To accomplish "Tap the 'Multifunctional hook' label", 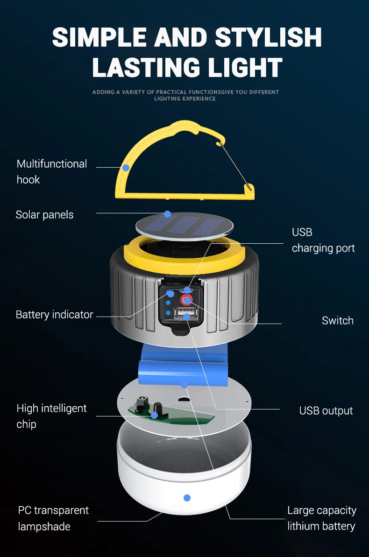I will click(51, 171).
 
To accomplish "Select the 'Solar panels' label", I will click(44, 215).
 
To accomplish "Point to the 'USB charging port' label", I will click(323, 240).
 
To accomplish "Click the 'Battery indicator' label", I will click(54, 315).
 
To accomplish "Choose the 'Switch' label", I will click(337, 321).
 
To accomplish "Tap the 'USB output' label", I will click(326, 411).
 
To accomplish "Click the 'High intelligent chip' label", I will click(51, 416).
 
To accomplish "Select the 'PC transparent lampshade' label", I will click(53, 518).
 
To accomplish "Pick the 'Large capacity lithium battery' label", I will click(321, 518).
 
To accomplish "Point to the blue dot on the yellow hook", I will click(125, 167).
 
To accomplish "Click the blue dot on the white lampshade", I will click(187, 498).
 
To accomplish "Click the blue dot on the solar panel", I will click(167, 214).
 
